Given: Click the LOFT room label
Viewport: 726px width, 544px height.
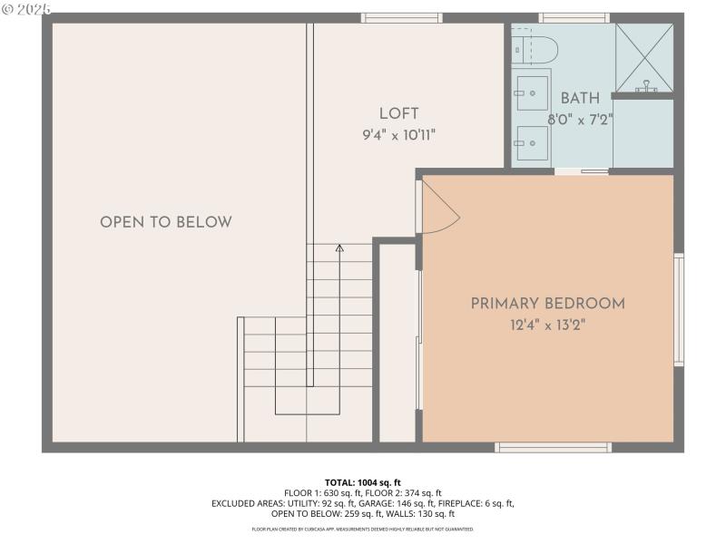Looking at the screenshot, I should [399, 113].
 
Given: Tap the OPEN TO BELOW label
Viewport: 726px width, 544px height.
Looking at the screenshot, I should [166, 222].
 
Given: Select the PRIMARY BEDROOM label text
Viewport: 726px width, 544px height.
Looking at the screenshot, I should [548, 304].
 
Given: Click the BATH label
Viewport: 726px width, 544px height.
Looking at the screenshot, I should [580, 98].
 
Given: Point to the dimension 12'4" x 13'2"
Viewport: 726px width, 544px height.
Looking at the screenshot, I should [548, 325].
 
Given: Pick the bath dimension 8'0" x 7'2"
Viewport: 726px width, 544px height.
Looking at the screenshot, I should [581, 119].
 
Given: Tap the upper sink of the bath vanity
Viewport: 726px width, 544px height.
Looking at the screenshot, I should [531, 89].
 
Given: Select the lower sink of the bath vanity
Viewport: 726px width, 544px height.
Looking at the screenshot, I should [531, 140].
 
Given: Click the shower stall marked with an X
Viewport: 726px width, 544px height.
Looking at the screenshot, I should [644, 55].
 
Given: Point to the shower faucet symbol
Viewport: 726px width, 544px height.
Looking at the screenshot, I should [645, 87].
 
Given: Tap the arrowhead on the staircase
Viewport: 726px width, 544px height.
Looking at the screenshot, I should [339, 247].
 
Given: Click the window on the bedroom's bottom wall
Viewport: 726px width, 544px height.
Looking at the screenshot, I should [553, 447].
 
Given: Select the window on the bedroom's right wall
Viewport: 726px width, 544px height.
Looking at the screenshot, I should [678, 310].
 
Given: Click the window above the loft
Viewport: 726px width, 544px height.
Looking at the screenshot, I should [401, 17].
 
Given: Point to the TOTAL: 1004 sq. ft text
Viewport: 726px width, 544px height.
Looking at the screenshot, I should [363, 482].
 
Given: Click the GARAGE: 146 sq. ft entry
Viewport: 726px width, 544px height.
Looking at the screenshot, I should [403, 503].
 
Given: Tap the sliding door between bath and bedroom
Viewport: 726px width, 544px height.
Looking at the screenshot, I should [582, 170].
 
